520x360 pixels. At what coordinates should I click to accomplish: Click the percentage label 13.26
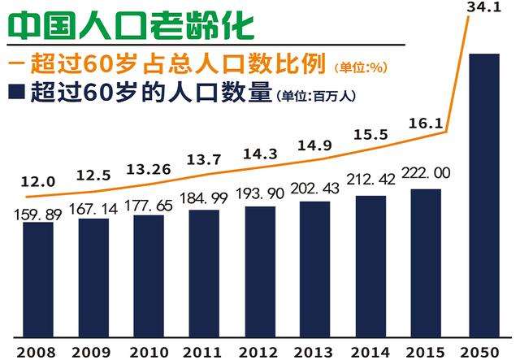click(148, 169)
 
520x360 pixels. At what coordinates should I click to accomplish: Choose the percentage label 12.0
click(38, 182)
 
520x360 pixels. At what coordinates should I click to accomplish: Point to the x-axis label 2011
click(204, 351)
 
